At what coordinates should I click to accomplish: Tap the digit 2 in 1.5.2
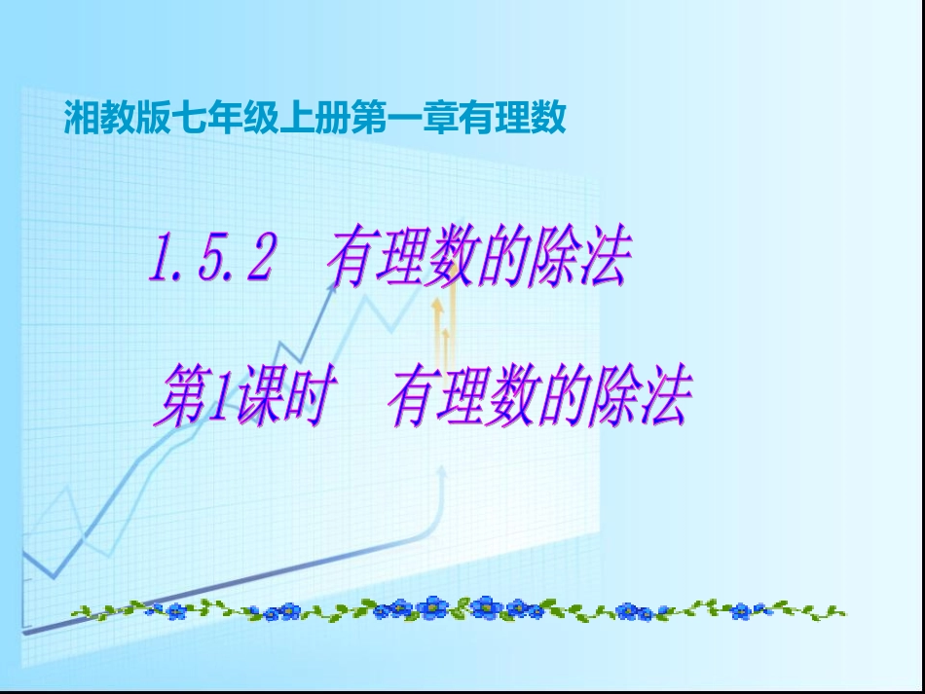[x=256, y=261]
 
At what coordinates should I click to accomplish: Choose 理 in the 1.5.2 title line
[x=401, y=261]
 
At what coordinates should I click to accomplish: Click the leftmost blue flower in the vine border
[x=176, y=612]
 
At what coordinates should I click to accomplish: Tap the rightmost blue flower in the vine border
[x=741, y=611]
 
